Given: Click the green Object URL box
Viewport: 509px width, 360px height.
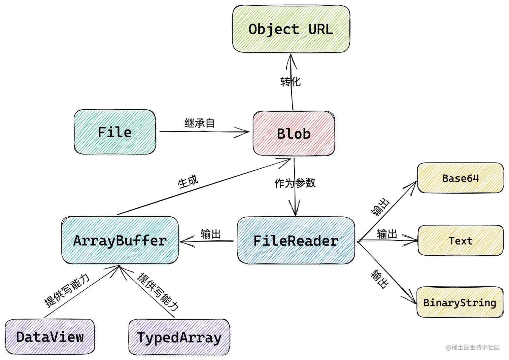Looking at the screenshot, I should (291, 29).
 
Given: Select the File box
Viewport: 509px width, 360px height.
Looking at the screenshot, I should (115, 132).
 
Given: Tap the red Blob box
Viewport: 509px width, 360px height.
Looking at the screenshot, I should (294, 134).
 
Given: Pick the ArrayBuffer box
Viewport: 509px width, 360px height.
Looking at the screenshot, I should (120, 241).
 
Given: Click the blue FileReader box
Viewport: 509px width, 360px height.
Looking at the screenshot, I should (296, 241).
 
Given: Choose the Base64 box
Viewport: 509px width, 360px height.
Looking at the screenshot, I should (460, 178).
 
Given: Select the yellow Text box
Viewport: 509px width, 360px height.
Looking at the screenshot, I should (460, 241).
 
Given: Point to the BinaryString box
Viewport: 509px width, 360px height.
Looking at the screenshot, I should (460, 302).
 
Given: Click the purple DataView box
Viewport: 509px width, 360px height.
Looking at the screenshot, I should (50, 337).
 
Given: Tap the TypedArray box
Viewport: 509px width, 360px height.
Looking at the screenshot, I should (179, 337).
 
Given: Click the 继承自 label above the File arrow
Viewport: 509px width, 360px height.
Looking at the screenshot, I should (199, 123).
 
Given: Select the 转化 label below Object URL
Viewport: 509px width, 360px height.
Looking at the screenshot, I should (290, 81).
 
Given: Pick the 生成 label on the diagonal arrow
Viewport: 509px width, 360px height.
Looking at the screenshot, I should (188, 182).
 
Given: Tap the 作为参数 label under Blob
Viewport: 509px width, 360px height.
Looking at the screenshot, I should (295, 183).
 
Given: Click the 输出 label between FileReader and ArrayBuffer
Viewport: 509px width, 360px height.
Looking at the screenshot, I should (210, 234).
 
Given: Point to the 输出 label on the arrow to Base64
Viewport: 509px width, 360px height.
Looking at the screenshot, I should (380, 207).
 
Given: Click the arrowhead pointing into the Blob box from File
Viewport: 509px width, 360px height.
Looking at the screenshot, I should (244, 132).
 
